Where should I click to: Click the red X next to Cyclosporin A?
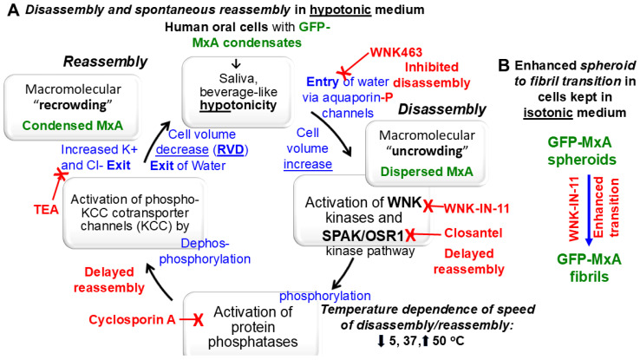pyautogui.click(x=199, y=320)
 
